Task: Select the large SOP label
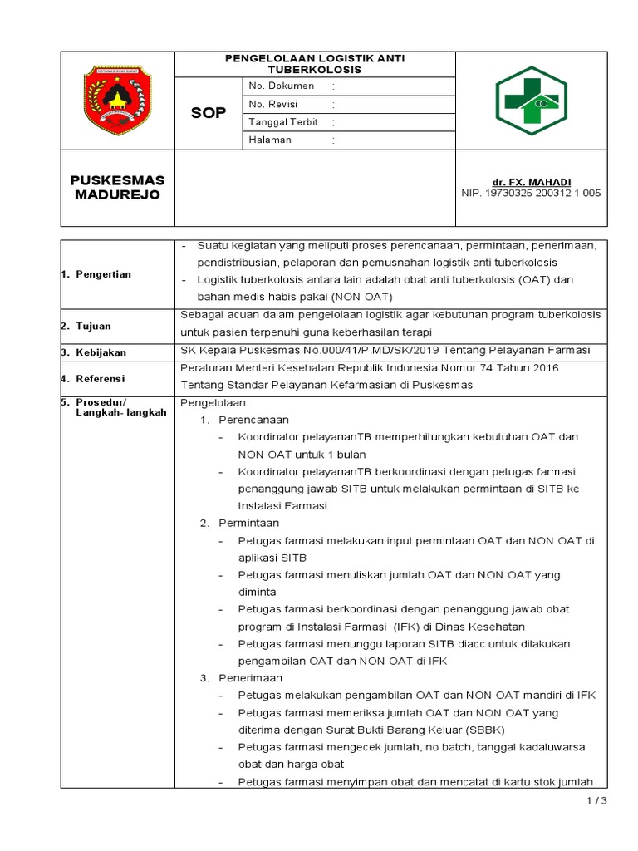point(209,112)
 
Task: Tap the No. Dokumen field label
point(282,86)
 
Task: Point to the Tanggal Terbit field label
point(284,122)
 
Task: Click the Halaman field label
point(270,140)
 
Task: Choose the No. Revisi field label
point(273,104)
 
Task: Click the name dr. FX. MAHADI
point(531,182)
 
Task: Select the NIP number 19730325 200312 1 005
point(531,194)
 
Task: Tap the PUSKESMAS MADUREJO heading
point(117,188)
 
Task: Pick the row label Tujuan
point(92,327)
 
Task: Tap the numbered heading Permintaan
point(248,523)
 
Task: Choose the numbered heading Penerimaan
point(250,678)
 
